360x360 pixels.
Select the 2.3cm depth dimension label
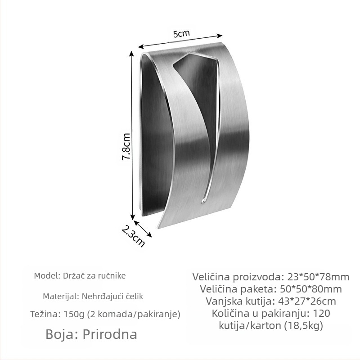click(x=133, y=235)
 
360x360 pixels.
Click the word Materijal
click(x=60, y=296)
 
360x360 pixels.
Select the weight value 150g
click(x=72, y=314)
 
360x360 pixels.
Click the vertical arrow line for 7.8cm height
click(x=132, y=135)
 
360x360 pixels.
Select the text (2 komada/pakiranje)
click(x=134, y=314)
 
